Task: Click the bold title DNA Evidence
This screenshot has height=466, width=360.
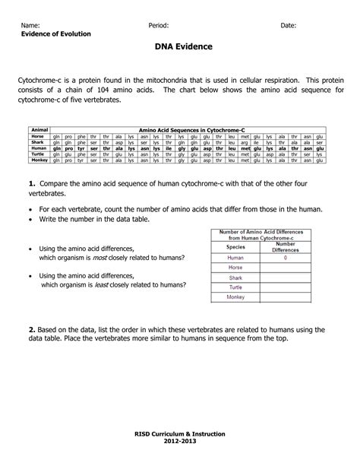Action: tap(180, 47)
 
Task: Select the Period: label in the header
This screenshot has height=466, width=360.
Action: tap(159, 25)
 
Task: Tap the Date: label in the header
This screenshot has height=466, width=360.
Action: tap(289, 25)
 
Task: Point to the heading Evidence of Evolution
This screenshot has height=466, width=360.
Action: tap(56, 34)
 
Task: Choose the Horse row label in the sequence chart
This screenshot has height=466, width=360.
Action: tap(38, 136)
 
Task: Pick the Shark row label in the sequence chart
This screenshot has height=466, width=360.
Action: tap(38, 142)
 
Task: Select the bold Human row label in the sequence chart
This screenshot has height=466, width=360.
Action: tap(38, 148)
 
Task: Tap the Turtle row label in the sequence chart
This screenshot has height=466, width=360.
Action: tap(38, 154)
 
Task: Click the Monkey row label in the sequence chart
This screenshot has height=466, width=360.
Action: tap(38, 160)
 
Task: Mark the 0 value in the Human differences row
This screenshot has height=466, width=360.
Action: tap(286, 258)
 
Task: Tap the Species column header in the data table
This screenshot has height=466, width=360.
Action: tap(235, 247)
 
